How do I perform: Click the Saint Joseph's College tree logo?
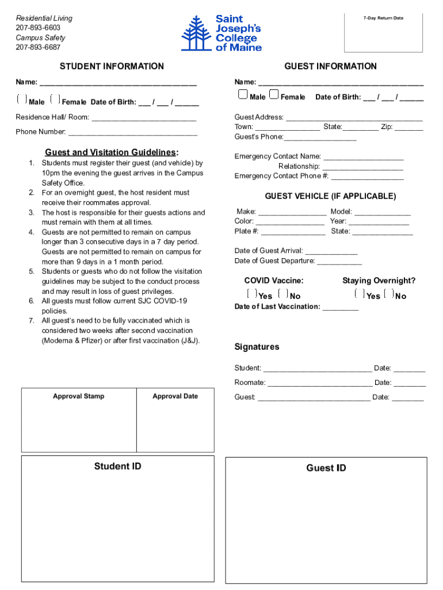pyautogui.click(x=196, y=34)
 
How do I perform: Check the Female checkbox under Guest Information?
pyautogui.click(x=274, y=94)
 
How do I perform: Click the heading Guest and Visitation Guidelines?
pyautogui.click(x=112, y=152)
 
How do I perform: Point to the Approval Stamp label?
pyautogui.click(x=79, y=396)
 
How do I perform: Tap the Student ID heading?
pyautogui.click(x=117, y=466)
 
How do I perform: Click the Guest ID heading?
pyautogui.click(x=326, y=468)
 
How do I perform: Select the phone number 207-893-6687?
pyautogui.click(x=38, y=47)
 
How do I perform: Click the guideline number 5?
pyautogui.click(x=32, y=271)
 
